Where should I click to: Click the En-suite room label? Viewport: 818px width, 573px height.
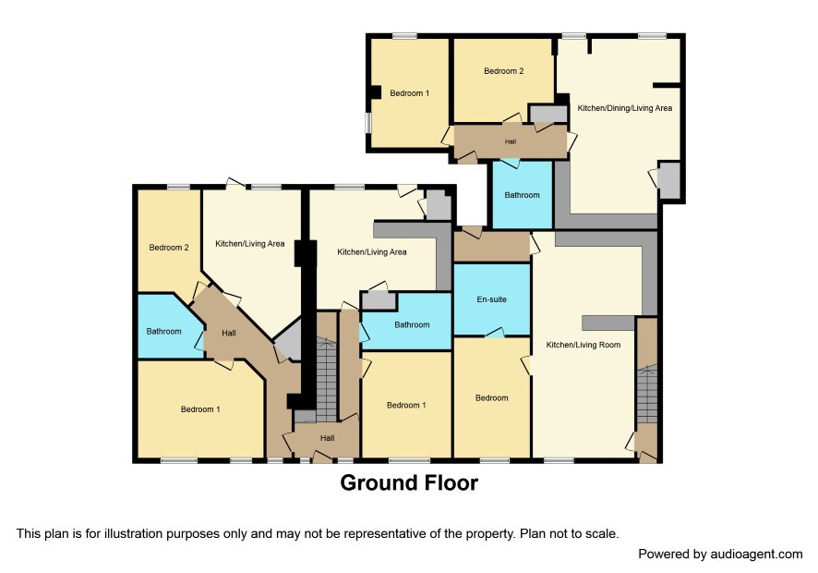tap(491, 299)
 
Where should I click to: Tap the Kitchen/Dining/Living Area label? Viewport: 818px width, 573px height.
tap(624, 108)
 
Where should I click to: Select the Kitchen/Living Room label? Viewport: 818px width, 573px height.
tap(583, 345)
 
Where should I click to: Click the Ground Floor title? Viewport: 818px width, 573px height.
tap(409, 482)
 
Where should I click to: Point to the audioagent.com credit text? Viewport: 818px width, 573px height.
tap(720, 555)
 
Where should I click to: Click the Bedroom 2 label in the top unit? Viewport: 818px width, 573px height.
tap(503, 71)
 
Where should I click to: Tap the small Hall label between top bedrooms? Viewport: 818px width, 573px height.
tap(511, 141)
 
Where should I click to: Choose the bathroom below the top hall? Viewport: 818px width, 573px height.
tap(523, 194)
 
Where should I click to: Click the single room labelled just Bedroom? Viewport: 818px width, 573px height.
tap(491, 398)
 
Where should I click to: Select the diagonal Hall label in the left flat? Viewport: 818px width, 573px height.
tap(228, 333)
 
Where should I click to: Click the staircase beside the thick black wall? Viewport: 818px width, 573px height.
tap(327, 379)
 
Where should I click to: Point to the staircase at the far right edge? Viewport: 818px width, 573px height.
tap(647, 394)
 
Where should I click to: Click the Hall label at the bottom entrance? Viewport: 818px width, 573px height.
tap(327, 438)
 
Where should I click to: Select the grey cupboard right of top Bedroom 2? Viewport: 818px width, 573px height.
tap(548, 114)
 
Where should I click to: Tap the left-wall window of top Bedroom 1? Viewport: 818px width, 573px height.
tap(367, 123)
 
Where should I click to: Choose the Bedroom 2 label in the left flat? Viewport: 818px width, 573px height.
tap(169, 248)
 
